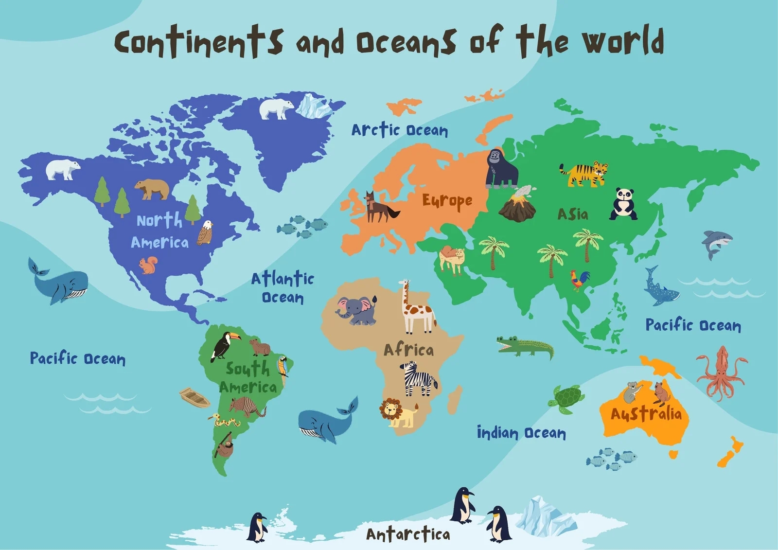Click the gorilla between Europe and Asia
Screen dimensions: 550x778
[501, 169]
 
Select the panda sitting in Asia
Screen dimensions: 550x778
[623, 204]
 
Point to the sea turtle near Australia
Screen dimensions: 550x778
[567, 399]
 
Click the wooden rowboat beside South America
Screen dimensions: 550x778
[194, 397]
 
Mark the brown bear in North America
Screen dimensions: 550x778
[152, 189]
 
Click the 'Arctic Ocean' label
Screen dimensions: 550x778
[399, 130]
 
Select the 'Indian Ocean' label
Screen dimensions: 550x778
[521, 432]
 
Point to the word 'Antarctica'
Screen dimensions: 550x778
[407, 534]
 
